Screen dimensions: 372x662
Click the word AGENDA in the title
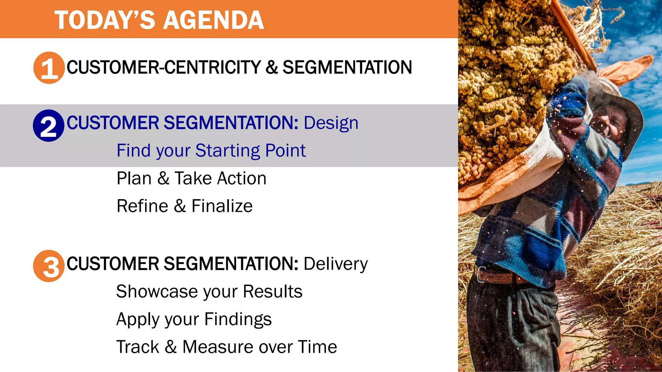[214, 20]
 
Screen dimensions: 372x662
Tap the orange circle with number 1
[49, 68]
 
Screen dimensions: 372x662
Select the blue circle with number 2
[48, 126]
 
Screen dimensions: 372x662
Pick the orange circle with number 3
[49, 266]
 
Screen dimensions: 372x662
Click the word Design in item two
[331, 123]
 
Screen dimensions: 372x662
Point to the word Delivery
[336, 264]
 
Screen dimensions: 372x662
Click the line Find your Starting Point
[211, 150]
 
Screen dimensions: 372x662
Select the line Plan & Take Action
[191, 178]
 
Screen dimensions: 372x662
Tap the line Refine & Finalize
[185, 206]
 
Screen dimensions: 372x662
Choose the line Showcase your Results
[209, 292]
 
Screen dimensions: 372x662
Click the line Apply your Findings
[194, 319]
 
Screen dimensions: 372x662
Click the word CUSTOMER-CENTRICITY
[164, 67]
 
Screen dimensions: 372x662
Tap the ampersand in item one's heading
[272, 67]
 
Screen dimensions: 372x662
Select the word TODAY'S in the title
[105, 20]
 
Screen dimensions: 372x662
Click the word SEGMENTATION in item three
[231, 264]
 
